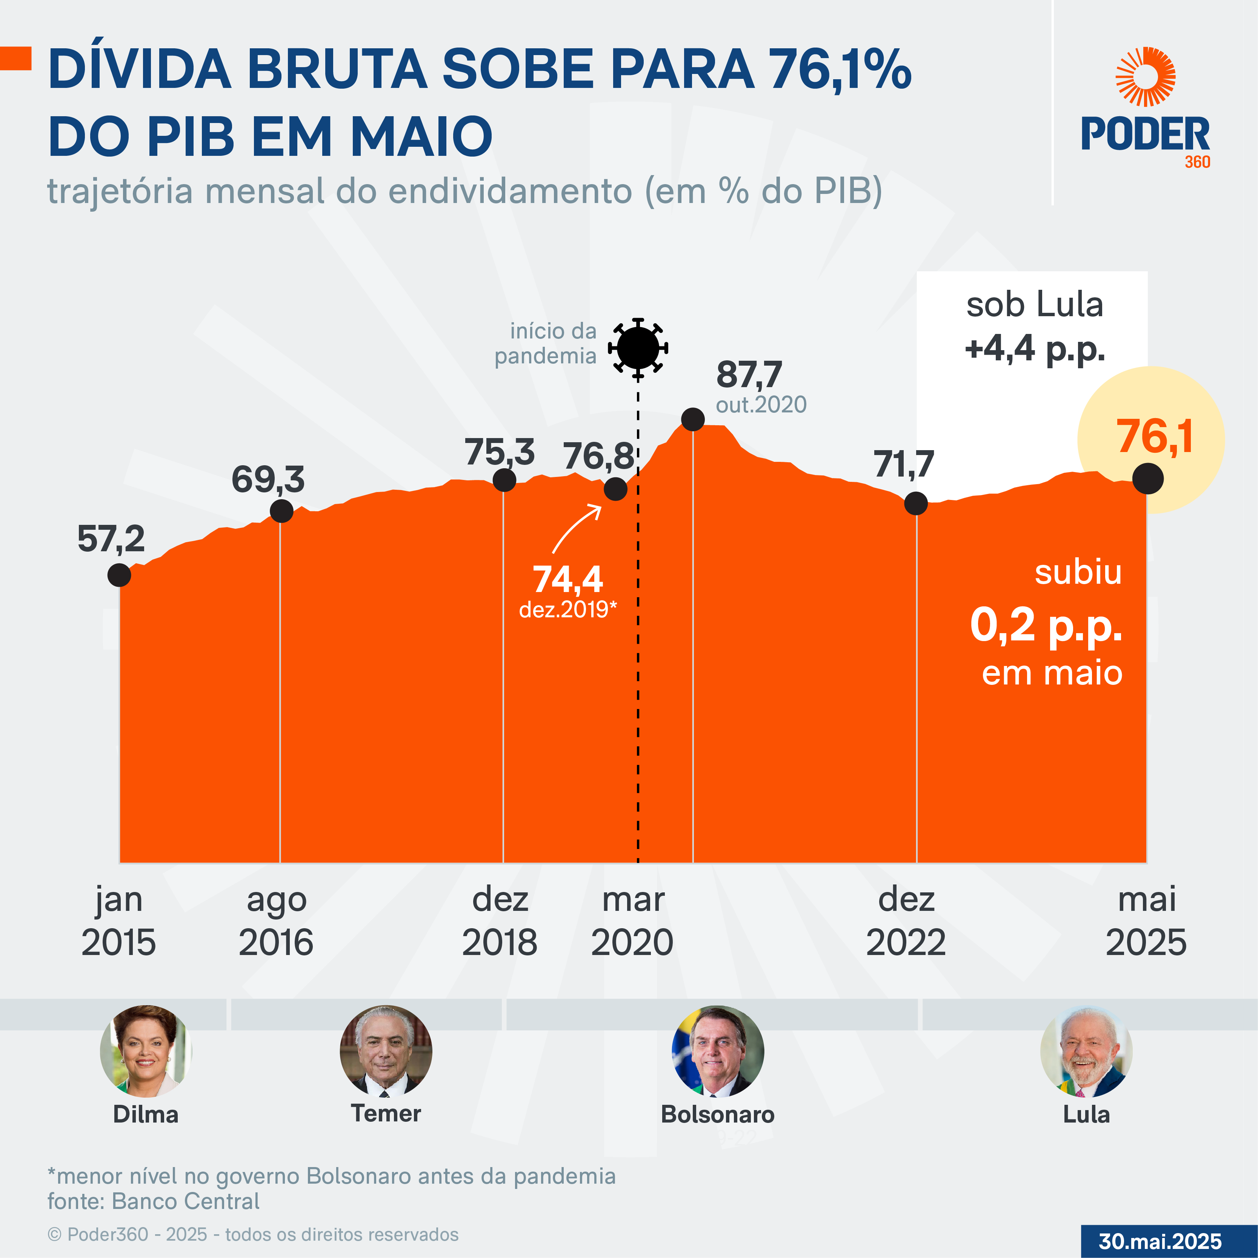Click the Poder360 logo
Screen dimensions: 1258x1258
coord(1145,108)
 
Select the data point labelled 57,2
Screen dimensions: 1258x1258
coord(119,575)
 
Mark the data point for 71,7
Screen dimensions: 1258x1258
coord(915,503)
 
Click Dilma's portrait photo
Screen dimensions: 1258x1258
coord(146,1051)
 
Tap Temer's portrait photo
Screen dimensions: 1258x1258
coord(386,1051)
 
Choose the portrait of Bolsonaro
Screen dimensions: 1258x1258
coord(718,1051)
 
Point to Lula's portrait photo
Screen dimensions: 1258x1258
coord(1086,1051)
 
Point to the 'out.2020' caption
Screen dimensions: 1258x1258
coord(761,405)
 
